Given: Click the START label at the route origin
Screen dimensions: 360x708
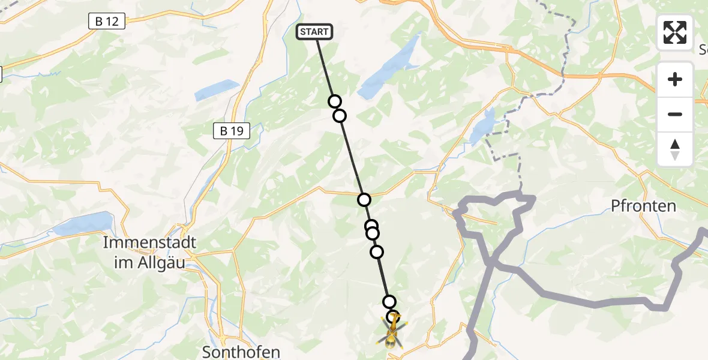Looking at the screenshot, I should (x=314, y=32).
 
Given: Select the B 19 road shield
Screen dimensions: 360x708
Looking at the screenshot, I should (x=231, y=131).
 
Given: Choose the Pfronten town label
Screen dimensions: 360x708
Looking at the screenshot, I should (x=643, y=206).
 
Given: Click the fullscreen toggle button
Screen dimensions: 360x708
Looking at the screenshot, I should (x=675, y=32).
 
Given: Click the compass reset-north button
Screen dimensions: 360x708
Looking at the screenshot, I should (x=675, y=149).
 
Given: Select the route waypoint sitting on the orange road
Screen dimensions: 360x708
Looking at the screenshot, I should (x=364, y=200).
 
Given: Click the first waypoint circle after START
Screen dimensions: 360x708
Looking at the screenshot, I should (x=335, y=101).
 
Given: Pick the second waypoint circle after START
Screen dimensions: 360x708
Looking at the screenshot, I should (x=340, y=115).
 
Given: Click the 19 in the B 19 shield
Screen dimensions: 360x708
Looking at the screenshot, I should (x=237, y=131).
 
